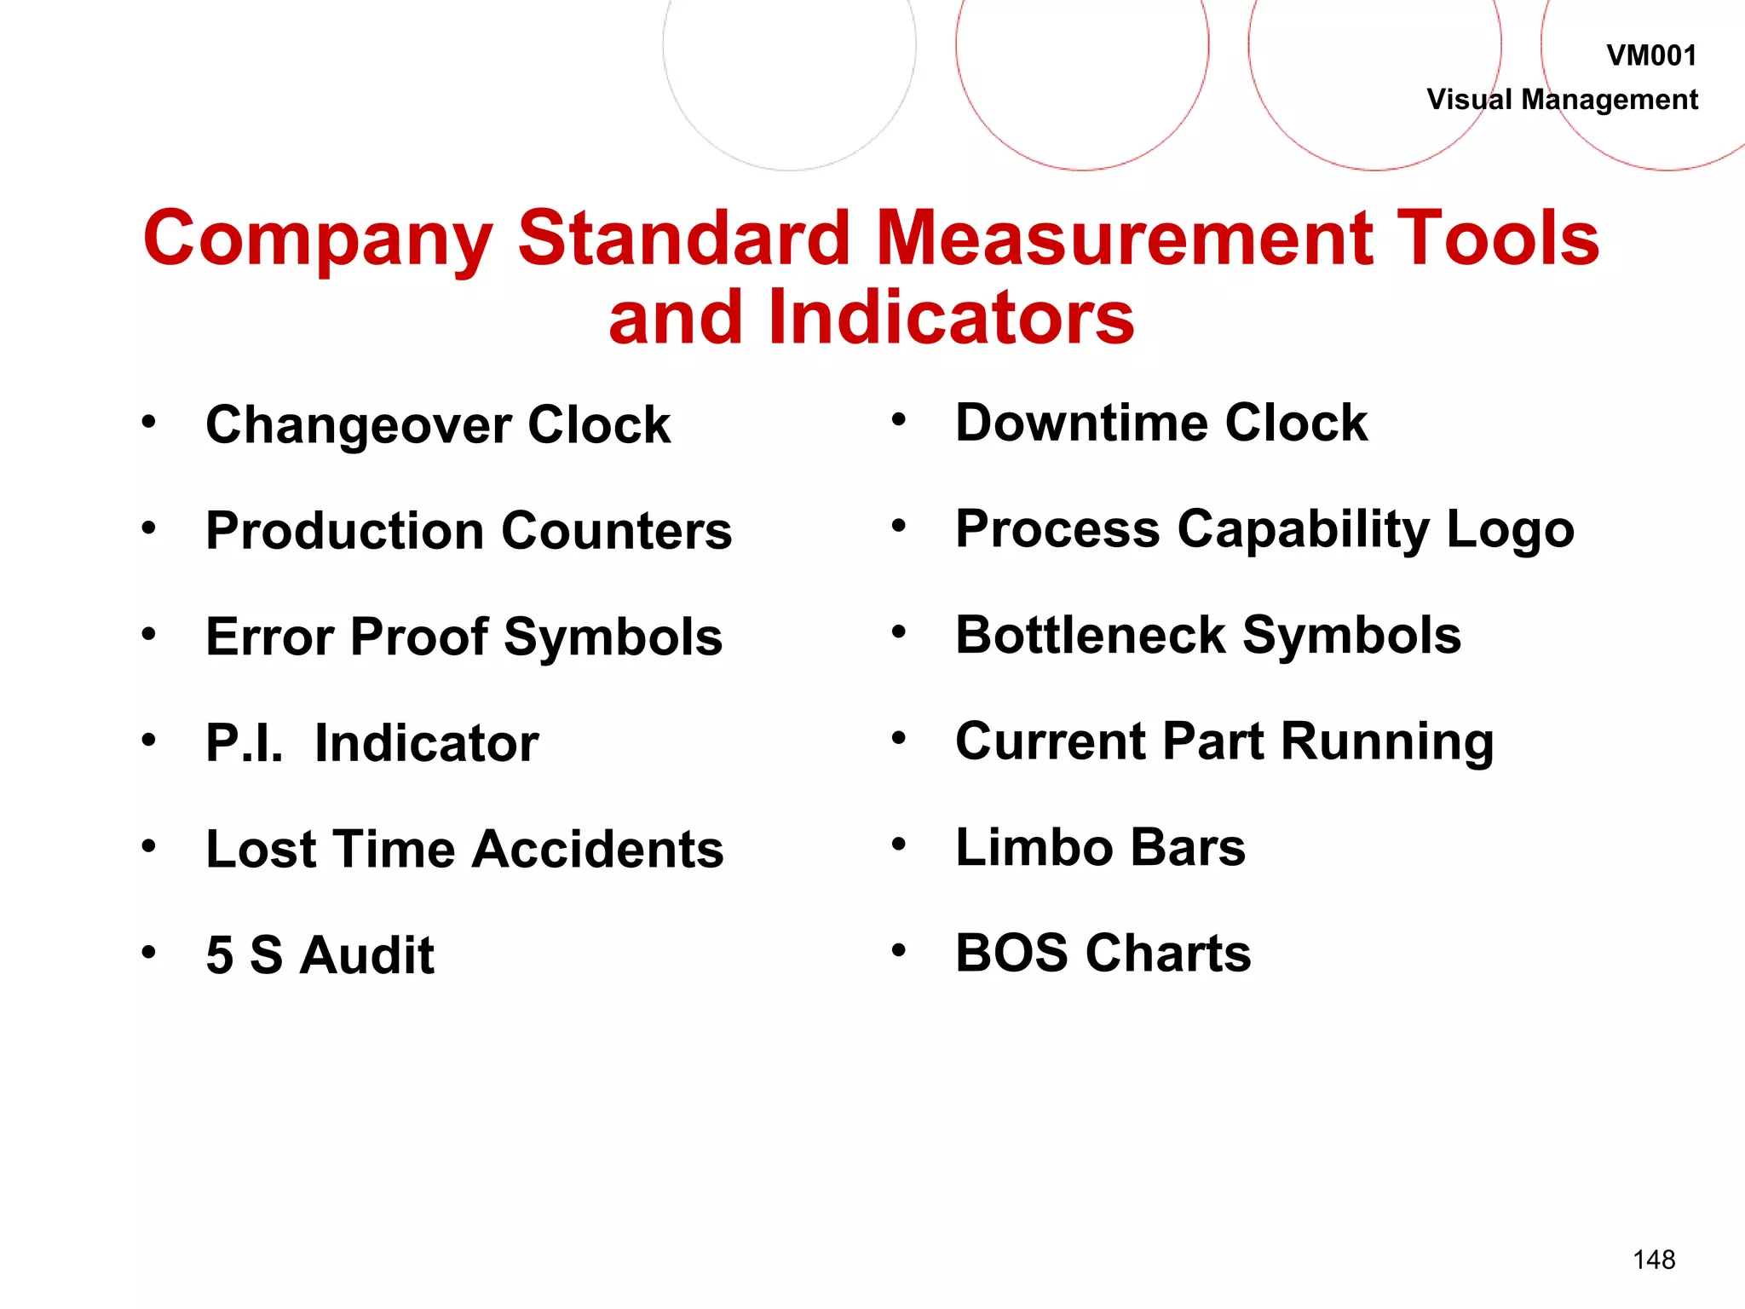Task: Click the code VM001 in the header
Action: [x=1650, y=56]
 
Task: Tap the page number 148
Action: [x=1654, y=1260]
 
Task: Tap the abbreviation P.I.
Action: [x=245, y=742]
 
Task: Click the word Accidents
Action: [x=598, y=849]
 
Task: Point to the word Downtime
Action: [x=1081, y=423]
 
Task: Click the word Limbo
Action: [x=1034, y=847]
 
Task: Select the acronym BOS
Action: [x=1011, y=953]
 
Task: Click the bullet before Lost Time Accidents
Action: [x=149, y=846]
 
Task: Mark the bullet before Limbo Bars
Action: [x=898, y=845]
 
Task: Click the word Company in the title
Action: [x=318, y=239]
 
